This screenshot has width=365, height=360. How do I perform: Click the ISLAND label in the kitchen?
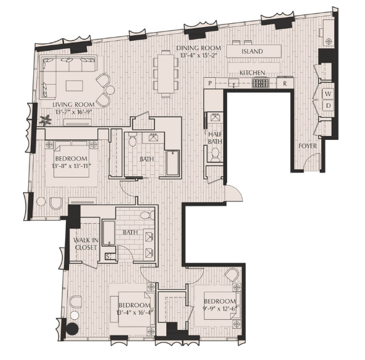click(x=252, y=51)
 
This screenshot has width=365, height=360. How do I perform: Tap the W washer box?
click(x=328, y=94)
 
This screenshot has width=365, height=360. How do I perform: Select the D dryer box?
click(x=328, y=106)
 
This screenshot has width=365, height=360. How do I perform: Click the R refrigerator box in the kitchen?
click(x=285, y=83)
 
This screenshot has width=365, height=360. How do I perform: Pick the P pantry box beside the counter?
click(x=210, y=83)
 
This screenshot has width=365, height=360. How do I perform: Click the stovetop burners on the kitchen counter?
click(x=261, y=83)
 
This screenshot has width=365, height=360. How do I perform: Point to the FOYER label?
click(x=308, y=146)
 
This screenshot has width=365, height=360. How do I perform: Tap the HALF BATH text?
click(x=215, y=138)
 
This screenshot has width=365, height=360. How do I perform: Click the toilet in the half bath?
click(x=215, y=155)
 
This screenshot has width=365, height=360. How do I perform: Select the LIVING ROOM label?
click(x=73, y=105)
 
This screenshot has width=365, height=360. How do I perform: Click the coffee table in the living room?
click(x=74, y=85)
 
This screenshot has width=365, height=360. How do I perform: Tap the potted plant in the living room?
click(x=45, y=120)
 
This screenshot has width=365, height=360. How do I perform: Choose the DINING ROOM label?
click(x=199, y=48)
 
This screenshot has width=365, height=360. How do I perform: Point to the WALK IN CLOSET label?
click(x=86, y=243)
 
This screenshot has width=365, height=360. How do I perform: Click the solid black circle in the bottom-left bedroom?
click(x=72, y=329)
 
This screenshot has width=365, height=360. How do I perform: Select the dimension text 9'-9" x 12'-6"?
click(x=220, y=309)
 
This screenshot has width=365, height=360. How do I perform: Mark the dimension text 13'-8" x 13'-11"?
click(x=71, y=166)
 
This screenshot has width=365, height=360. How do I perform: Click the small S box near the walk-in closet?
click(x=108, y=257)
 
